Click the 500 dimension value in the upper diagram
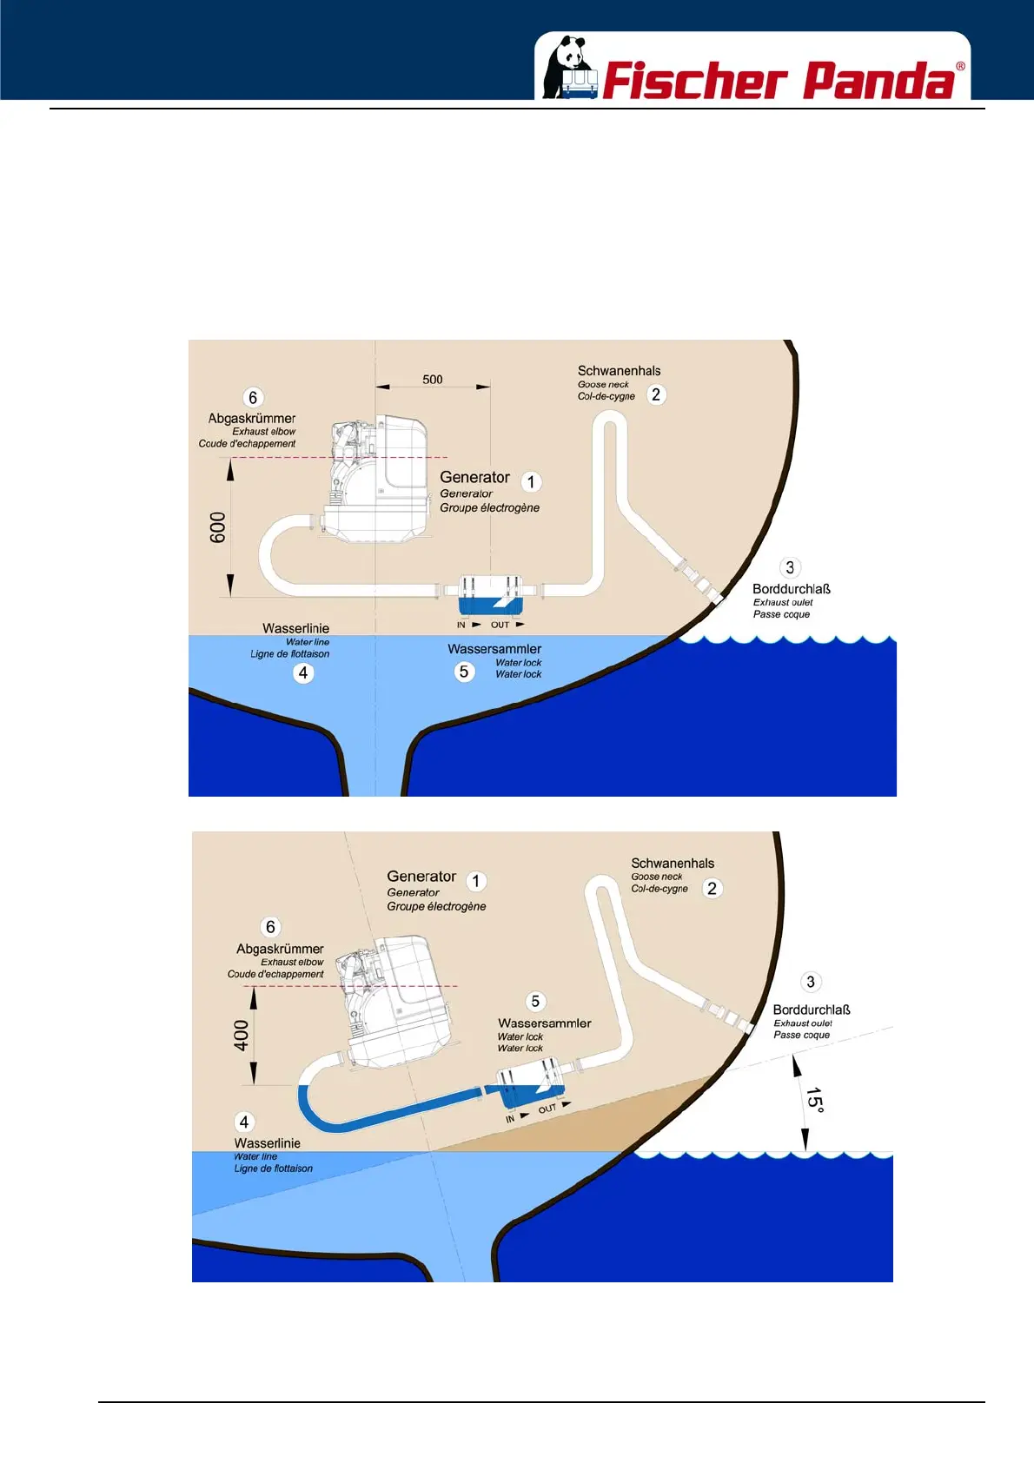point(433,380)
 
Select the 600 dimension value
point(217,527)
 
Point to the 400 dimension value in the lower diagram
point(241,1036)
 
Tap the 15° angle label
point(814,1099)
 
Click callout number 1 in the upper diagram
point(531,482)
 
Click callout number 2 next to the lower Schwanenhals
point(712,888)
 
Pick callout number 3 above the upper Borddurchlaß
point(789,568)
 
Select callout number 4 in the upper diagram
point(302,672)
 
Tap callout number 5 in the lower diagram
point(535,1002)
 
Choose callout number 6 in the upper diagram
point(253,398)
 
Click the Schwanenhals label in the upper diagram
point(619,371)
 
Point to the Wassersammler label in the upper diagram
point(494,649)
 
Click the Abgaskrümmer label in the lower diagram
point(280,950)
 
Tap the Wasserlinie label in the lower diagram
point(267,1143)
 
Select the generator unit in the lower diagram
point(395,999)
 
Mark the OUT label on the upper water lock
point(500,625)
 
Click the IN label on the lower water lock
point(510,1119)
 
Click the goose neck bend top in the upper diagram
point(610,417)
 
